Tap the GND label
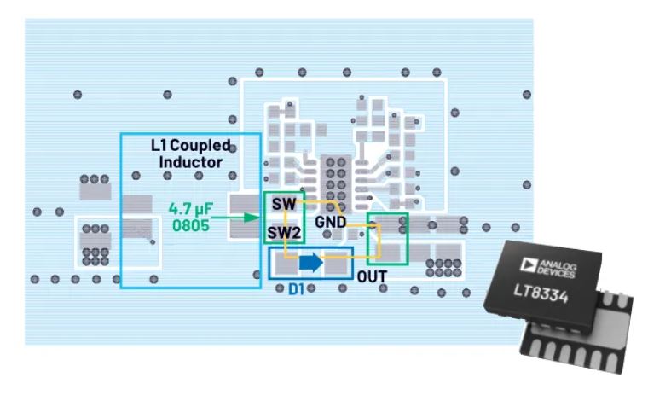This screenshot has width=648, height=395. coord(329,221)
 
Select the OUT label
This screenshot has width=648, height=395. coord(373,277)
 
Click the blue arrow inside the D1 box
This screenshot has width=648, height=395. coord(311,264)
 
